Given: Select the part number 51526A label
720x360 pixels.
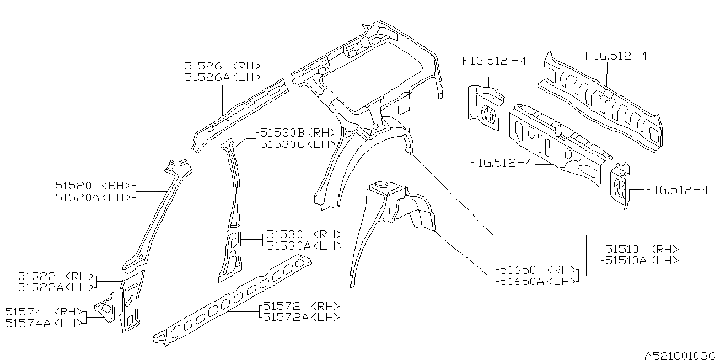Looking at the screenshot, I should (206, 78).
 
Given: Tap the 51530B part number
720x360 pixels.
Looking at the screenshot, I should (282, 133).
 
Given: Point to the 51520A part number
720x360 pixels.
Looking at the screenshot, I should (77, 197).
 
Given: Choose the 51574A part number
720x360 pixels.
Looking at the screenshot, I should (28, 324).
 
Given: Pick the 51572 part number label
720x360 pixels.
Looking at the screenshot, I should (281, 306).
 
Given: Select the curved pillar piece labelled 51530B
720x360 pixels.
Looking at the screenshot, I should (234, 182).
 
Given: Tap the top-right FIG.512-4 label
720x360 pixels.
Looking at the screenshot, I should (616, 55).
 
